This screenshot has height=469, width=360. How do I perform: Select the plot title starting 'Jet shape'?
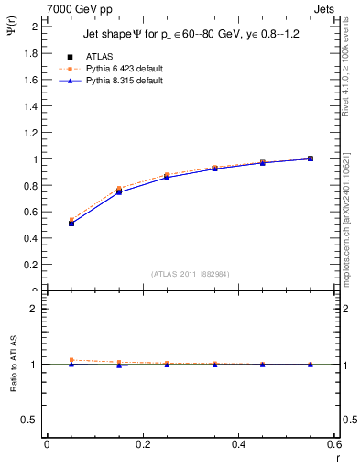[x=188, y=34]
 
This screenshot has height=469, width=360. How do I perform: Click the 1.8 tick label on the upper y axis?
[x=31, y=53]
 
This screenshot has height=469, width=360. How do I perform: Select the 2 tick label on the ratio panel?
[x=35, y=309]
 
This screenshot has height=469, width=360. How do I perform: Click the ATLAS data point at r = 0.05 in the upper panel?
[x=71, y=223]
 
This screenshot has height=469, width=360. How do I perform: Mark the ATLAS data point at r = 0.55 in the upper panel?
[x=311, y=158]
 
